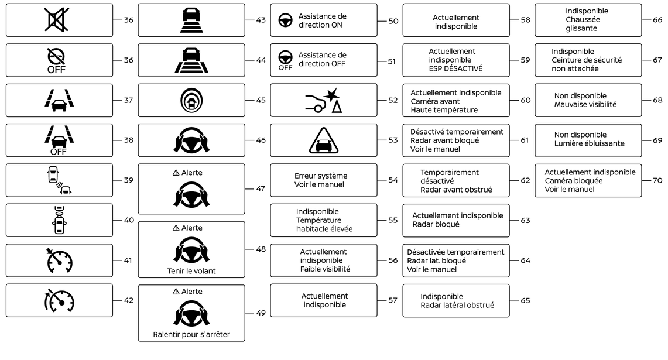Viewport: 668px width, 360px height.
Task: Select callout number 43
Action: click(x=261, y=20)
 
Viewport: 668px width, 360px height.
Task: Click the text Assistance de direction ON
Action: click(x=322, y=20)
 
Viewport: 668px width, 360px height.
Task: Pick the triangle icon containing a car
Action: click(x=323, y=140)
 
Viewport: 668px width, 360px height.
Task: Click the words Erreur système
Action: click(x=320, y=176)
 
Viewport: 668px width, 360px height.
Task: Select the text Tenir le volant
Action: click(x=191, y=270)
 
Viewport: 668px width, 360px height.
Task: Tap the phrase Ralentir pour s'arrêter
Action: click(x=191, y=335)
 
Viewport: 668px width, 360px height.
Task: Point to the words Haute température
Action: click(x=444, y=109)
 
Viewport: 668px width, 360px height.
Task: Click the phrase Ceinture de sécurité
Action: click(x=587, y=60)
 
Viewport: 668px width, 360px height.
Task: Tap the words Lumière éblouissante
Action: click(x=589, y=143)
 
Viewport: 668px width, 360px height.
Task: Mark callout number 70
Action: click(x=657, y=180)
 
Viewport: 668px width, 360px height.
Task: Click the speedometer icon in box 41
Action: click(x=59, y=260)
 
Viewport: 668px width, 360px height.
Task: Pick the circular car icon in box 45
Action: click(x=191, y=100)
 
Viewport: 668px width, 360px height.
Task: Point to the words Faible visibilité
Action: click(x=325, y=269)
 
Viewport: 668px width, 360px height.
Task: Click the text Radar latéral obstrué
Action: click(x=457, y=305)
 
